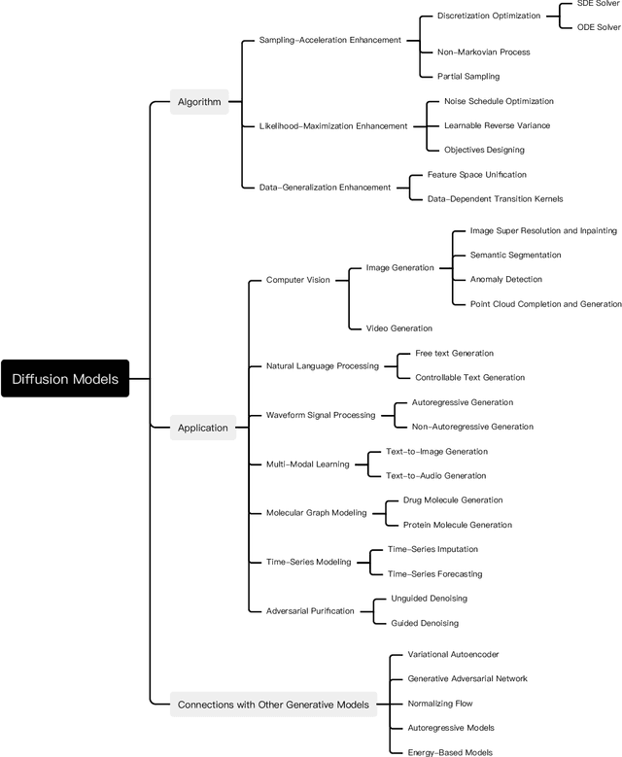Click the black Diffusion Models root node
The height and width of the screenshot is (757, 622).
pos(65,379)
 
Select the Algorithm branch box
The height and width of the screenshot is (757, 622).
pos(198,102)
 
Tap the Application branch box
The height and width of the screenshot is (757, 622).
pos(202,427)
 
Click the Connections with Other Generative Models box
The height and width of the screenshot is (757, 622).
pos(272,704)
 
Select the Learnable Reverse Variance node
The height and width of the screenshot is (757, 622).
pos(497,125)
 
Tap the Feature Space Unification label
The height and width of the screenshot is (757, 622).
pos(477,174)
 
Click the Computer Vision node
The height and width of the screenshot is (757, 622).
pos(297,280)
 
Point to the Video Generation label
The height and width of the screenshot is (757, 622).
pos(398,328)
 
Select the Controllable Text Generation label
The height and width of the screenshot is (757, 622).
pos(469,377)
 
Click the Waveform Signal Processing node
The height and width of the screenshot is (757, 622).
pos(320,415)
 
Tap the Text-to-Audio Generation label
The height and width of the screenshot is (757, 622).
pos(435,475)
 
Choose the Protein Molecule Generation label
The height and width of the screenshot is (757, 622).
pos(457,525)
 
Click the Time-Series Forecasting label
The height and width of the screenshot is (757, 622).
pos(434,573)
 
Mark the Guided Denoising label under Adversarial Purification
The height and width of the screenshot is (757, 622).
pos(425,623)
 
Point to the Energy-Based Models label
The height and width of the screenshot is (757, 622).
pos(450,751)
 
